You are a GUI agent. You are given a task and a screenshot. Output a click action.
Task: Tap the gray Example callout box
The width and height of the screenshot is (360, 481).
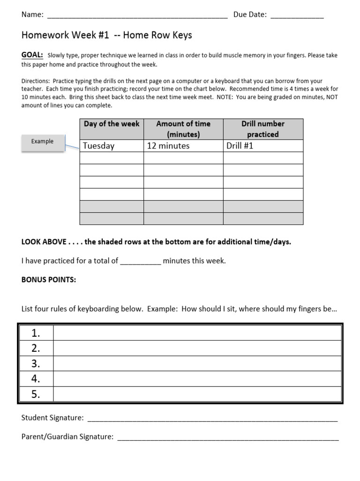coord(42,141)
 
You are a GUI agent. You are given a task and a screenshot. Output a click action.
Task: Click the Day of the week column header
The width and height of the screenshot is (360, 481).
coord(112,124)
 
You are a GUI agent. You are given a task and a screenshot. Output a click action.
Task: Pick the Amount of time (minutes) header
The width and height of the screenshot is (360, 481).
coord(183,129)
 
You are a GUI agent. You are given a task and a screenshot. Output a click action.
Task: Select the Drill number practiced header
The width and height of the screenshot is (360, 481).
coord(262,129)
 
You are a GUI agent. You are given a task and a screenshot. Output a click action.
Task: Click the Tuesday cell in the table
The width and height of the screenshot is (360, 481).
coord(98,146)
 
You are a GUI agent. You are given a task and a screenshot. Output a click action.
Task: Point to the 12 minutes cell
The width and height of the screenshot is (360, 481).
coord(168,146)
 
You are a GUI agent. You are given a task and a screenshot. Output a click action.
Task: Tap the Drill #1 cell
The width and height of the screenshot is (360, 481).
coord(240,146)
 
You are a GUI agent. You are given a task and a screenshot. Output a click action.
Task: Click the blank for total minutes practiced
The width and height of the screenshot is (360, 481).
coord(141,261)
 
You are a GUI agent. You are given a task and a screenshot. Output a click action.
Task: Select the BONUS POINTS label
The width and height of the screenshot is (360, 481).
coord(49,280)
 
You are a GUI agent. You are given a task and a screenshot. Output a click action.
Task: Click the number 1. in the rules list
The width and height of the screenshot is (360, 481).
coord(36,334)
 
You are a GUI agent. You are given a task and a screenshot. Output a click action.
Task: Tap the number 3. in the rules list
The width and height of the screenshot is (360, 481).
coord(36,364)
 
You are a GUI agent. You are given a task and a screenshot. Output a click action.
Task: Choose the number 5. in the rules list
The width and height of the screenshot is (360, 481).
coord(36,395)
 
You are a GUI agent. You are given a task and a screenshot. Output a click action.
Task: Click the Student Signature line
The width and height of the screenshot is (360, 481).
coord(212,419)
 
